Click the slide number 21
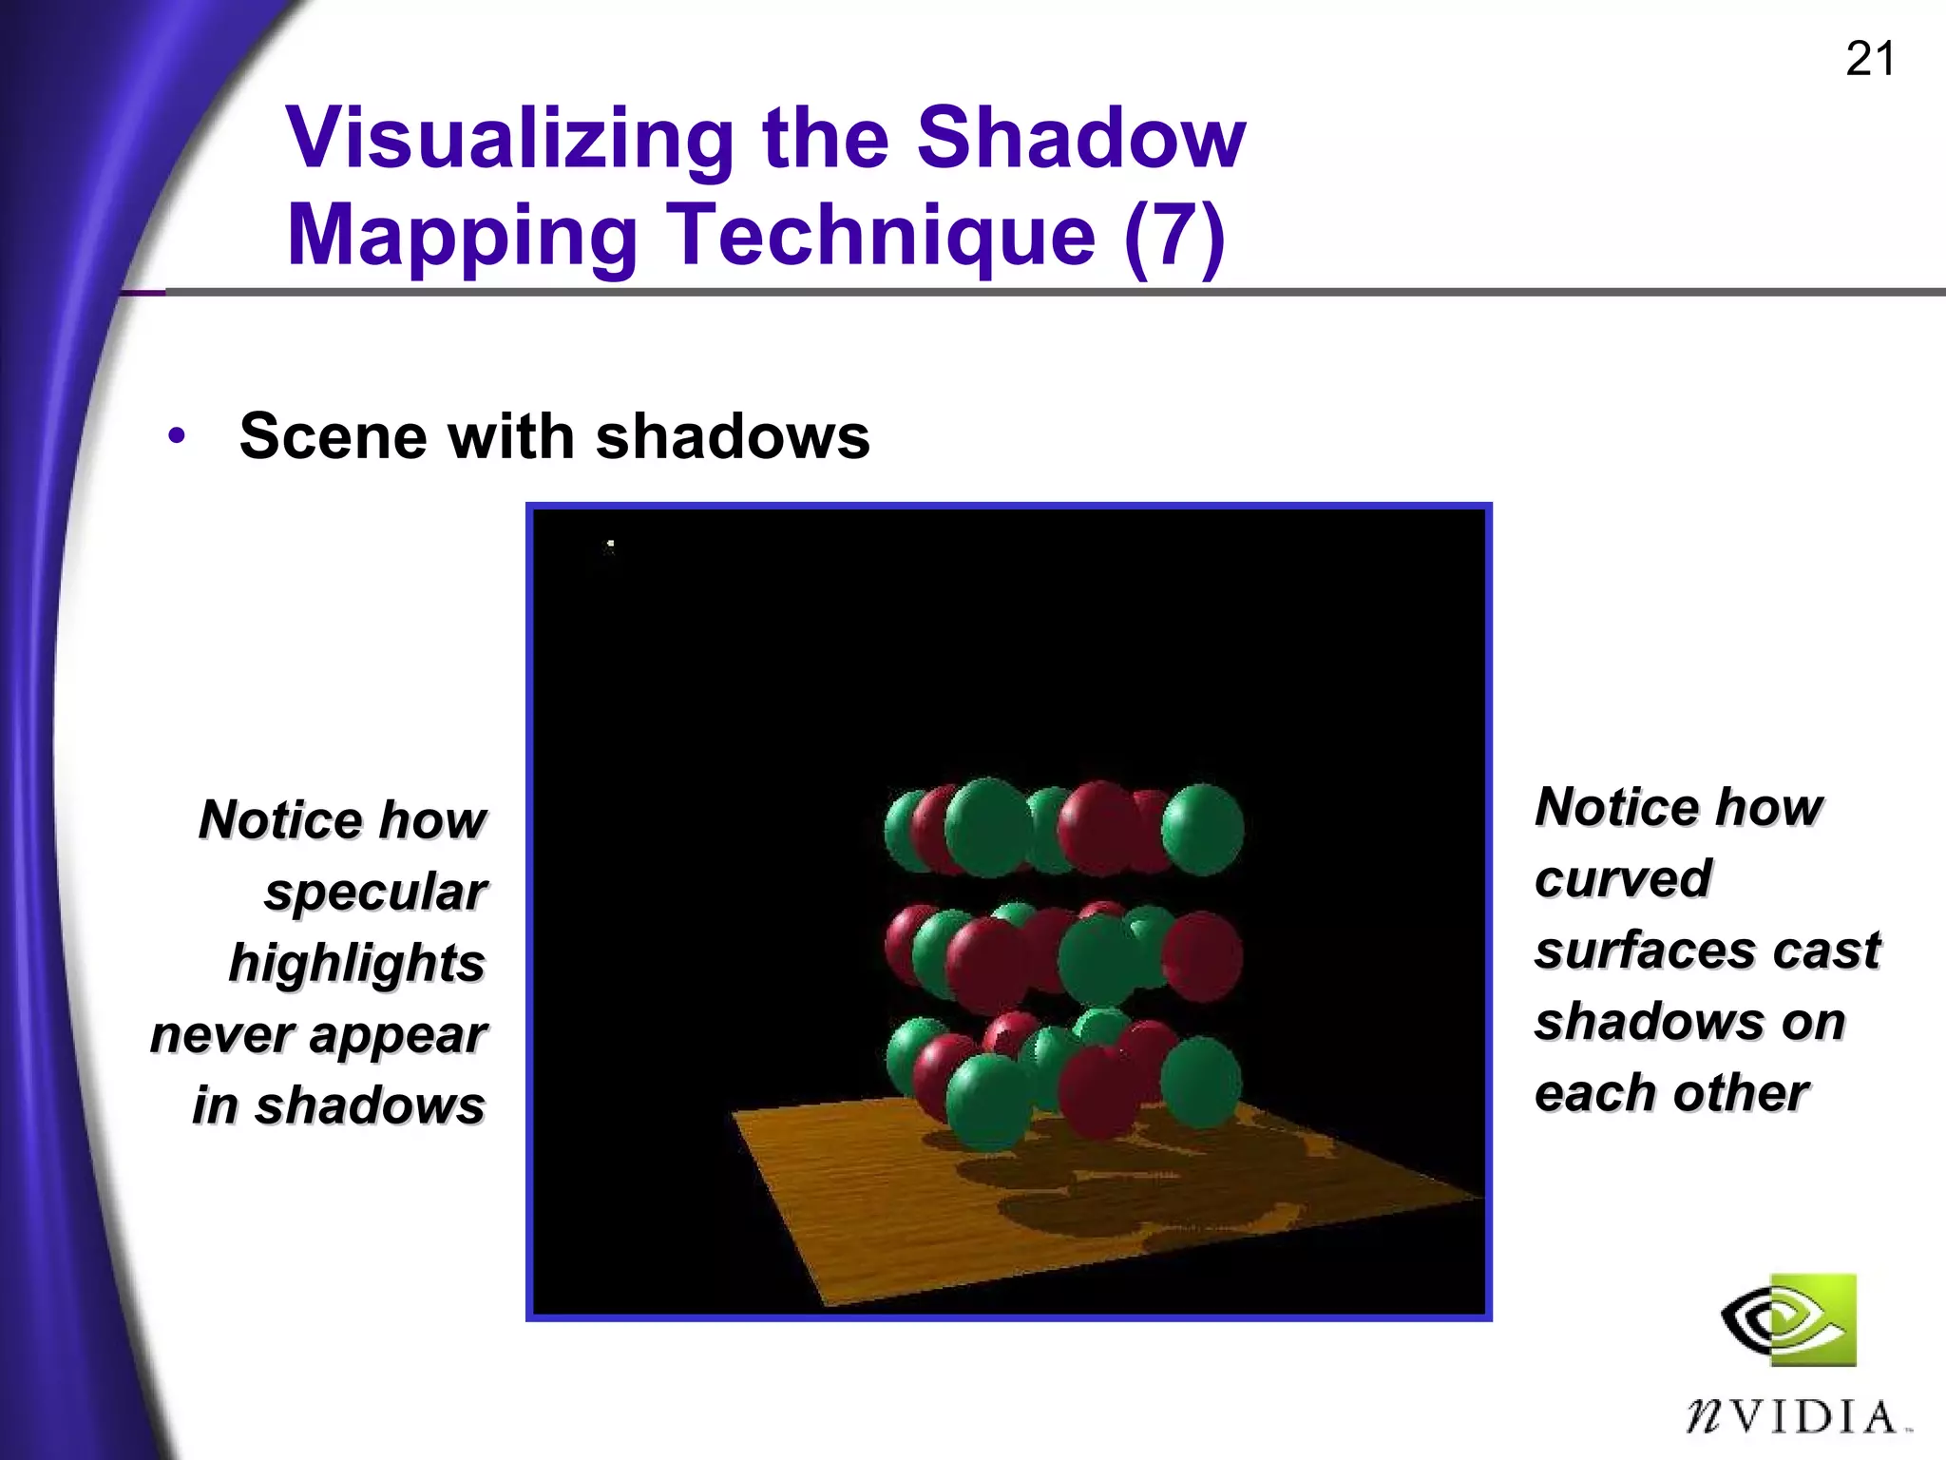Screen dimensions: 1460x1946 tap(1869, 60)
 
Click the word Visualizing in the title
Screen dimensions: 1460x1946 tap(509, 139)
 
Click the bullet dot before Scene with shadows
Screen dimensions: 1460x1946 tap(177, 436)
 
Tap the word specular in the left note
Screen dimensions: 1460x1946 tap(375, 892)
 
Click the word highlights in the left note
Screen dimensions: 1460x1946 tap(357, 963)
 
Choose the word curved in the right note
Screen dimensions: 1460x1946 tap(1623, 878)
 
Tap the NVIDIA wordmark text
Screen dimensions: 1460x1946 tap(1796, 1417)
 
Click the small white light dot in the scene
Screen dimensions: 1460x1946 tap(610, 545)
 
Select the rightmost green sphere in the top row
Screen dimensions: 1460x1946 tap(1202, 828)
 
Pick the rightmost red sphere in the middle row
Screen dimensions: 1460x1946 tap(1202, 955)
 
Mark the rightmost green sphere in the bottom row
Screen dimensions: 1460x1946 tap(1200, 1082)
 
